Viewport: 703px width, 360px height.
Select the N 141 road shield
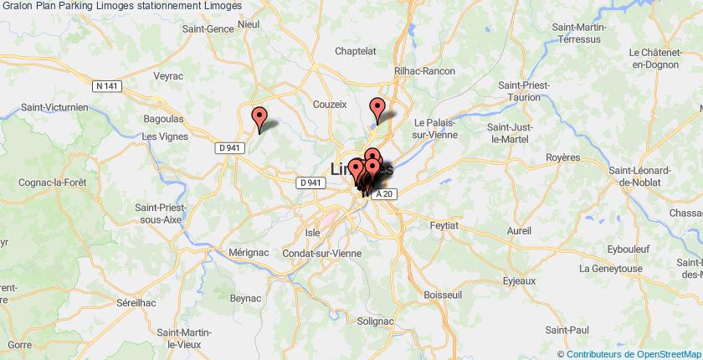[x=105, y=85]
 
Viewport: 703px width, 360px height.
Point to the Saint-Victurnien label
[x=54, y=107]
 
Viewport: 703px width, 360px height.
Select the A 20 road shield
[x=382, y=194]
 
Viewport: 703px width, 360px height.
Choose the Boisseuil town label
[x=444, y=295]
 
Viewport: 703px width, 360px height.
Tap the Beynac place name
[x=246, y=297]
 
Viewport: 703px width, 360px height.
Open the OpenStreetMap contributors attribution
[x=629, y=353]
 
